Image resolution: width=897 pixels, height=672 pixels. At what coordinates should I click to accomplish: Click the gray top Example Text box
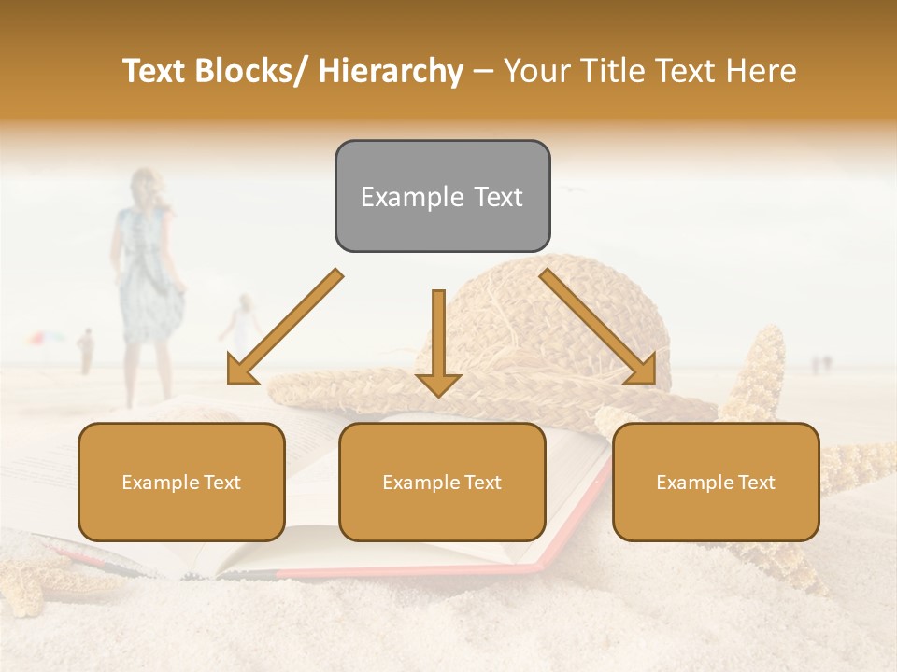pyautogui.click(x=442, y=196)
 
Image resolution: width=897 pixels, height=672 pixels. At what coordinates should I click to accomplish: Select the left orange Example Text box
pyautogui.click(x=181, y=482)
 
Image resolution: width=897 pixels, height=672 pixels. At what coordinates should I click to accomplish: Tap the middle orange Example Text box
pyautogui.click(x=442, y=482)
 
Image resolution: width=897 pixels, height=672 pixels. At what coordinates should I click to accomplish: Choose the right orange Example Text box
pyautogui.click(x=716, y=482)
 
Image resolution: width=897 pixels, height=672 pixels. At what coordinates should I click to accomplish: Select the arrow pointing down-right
pyautogui.click(x=598, y=327)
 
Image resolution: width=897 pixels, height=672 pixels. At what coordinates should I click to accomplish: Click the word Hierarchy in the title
pyautogui.click(x=392, y=71)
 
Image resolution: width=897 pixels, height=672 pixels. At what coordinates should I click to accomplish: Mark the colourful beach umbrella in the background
pyautogui.click(x=44, y=338)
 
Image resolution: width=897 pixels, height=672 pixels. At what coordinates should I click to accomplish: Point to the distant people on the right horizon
pyautogui.click(x=821, y=363)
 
